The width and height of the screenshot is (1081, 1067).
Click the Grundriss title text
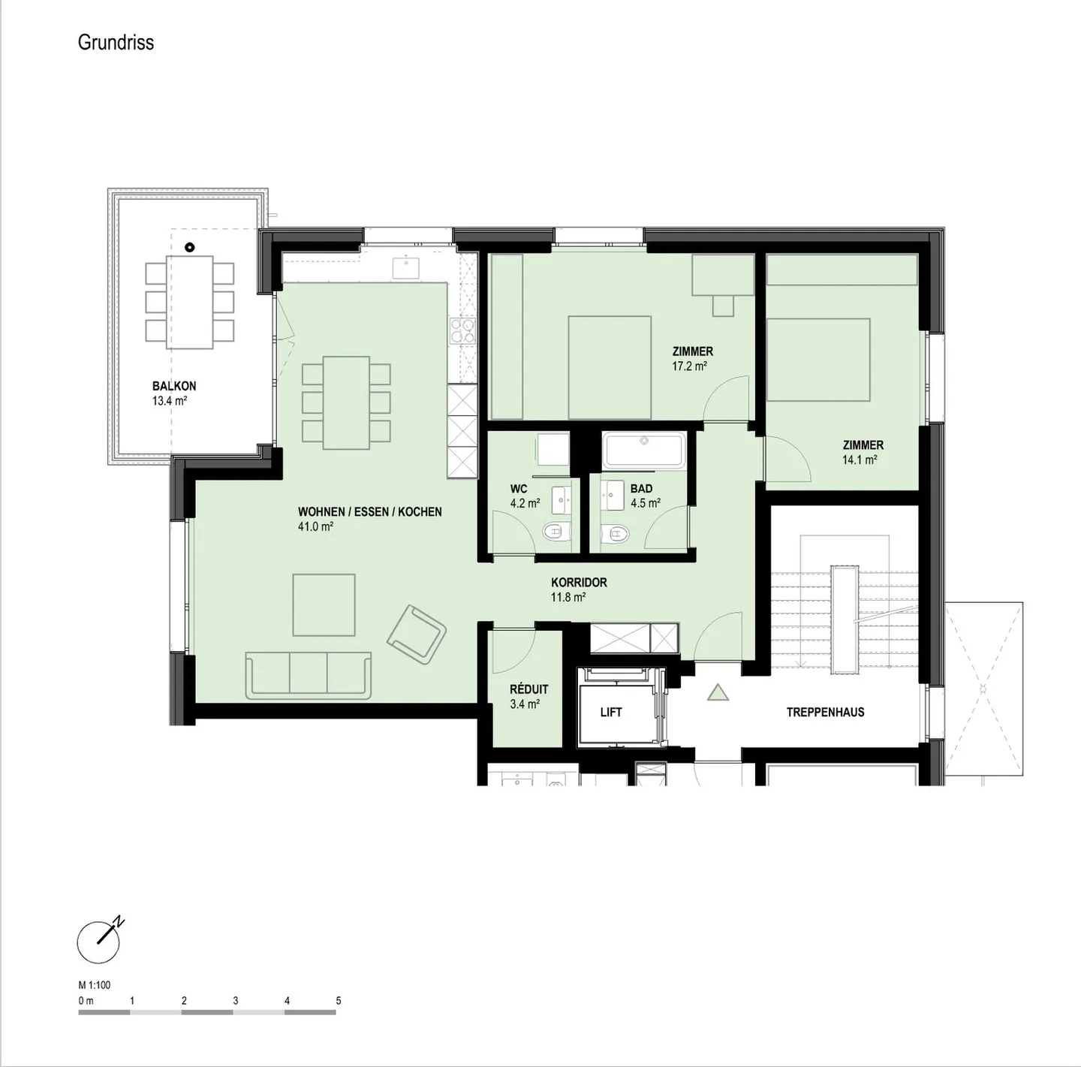click(x=116, y=42)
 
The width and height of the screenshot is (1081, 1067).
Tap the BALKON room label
click(x=174, y=386)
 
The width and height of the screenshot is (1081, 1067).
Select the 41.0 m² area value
click(x=315, y=527)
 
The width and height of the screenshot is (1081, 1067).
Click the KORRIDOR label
click(x=579, y=582)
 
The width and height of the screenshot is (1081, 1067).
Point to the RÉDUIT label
click(x=528, y=689)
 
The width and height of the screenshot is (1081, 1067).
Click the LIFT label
click(x=611, y=712)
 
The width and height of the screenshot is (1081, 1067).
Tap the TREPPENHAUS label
click(x=825, y=712)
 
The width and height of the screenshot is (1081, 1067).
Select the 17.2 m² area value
click(x=689, y=366)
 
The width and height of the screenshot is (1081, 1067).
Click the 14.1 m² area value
click(x=860, y=460)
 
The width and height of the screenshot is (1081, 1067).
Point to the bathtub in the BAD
click(x=644, y=451)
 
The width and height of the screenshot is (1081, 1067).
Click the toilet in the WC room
click(x=553, y=532)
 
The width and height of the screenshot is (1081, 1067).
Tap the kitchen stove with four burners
click(x=462, y=331)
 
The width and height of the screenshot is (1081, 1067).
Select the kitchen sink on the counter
click(x=407, y=266)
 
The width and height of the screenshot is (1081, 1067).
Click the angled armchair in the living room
click(x=417, y=634)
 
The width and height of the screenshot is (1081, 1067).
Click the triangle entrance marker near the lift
click(x=718, y=692)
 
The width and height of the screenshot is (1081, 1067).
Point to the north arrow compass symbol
click(x=100, y=940)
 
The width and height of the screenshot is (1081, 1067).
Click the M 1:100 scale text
click(x=95, y=985)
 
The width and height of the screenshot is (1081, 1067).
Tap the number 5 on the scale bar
click(x=339, y=1001)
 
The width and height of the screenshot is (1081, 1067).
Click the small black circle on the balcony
click(x=190, y=246)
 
